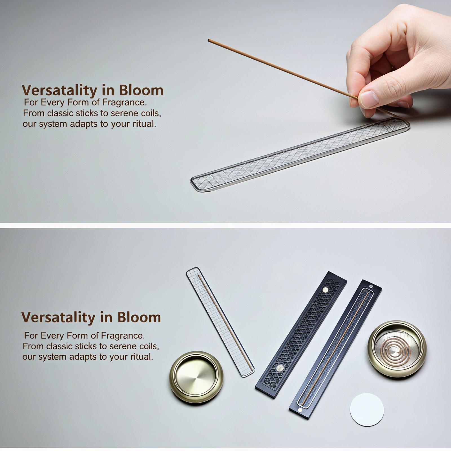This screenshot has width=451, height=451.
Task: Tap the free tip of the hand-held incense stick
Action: coord(209,40)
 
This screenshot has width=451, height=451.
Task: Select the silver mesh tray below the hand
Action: coord(300,154)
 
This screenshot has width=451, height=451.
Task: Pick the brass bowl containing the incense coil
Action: coord(397,349)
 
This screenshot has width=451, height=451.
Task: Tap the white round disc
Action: coord(367,410)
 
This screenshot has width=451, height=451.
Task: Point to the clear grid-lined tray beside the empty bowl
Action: coord(220,322)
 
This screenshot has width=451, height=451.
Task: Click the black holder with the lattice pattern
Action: coord(301,335)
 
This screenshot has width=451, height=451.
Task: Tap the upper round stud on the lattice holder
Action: coord(326,290)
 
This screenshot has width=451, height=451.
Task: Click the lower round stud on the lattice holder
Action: coord(280,367)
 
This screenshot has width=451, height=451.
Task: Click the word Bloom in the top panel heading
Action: coord(141,90)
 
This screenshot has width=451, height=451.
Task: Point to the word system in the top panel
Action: coord(53,124)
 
